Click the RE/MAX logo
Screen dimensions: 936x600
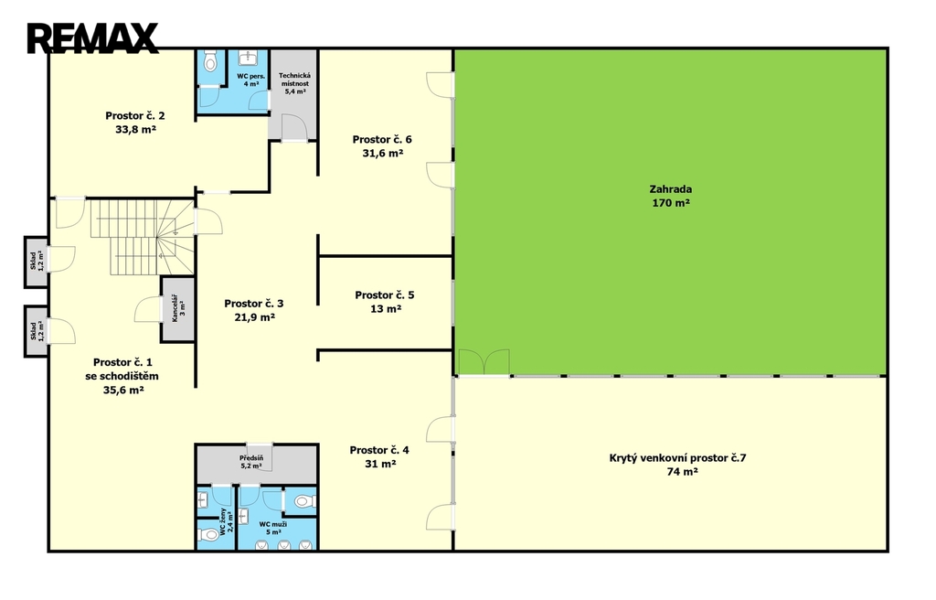pos(92,37)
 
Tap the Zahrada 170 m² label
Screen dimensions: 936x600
pos(671,196)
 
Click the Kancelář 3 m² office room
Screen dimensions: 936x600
pos(178,309)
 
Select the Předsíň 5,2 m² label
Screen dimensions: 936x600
pos(251,461)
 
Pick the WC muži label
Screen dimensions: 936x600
pos(272,524)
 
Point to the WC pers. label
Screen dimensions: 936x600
pos(250,76)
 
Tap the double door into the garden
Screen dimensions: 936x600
pos(484,363)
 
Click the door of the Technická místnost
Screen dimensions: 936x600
pos(293,127)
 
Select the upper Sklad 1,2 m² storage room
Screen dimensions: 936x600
pos(36,262)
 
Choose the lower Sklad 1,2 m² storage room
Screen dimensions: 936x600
pos(36,332)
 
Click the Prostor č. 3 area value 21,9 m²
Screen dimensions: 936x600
pos(254,317)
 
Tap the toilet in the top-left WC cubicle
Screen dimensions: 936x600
pos(210,61)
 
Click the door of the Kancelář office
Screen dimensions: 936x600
pos(148,309)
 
